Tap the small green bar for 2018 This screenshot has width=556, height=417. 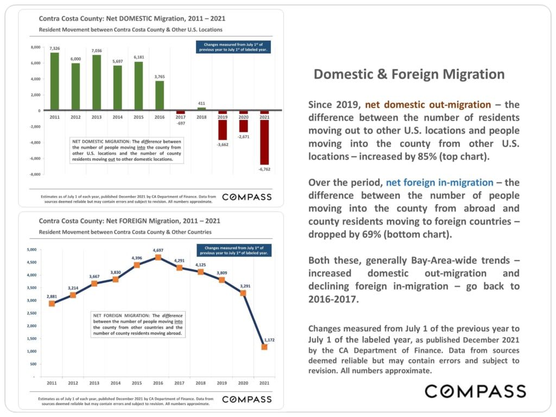pos(201,109)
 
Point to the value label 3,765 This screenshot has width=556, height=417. pos(159,77)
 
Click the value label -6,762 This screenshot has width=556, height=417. pos(264,169)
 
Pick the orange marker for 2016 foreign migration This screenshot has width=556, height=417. pos(158,257)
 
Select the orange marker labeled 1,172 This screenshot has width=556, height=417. pos(264,346)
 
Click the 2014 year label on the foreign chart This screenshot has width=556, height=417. pos(116,384)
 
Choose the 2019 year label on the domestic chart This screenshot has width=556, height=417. pos(222,117)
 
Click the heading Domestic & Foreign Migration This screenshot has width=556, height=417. pos(409,74)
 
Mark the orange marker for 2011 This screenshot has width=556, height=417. pos(52,304)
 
